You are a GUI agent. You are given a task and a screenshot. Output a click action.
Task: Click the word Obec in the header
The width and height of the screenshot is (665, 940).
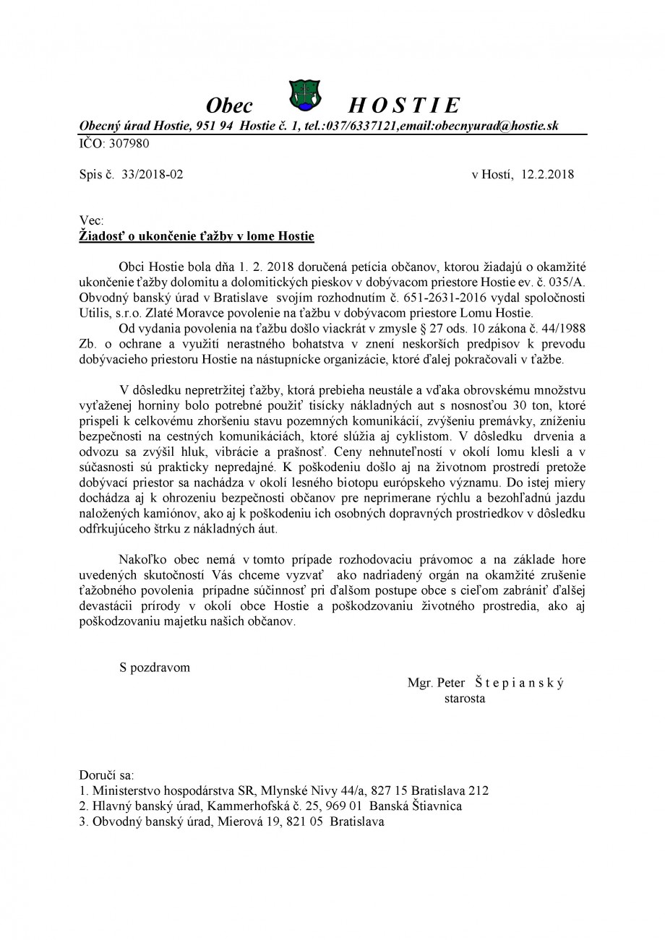(230, 106)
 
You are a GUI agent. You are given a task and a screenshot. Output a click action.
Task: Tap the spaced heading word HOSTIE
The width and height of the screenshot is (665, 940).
(403, 106)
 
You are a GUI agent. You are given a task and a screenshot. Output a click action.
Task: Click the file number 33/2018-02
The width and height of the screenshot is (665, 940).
(153, 174)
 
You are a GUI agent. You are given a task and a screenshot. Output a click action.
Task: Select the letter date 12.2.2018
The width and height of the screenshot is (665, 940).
(547, 174)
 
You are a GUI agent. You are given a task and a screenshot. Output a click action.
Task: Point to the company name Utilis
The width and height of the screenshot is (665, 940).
(96, 313)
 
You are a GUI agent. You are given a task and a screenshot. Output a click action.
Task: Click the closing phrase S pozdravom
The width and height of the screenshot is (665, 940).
(155, 668)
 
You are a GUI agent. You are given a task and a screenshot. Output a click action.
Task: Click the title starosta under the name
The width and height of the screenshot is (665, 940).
(465, 699)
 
